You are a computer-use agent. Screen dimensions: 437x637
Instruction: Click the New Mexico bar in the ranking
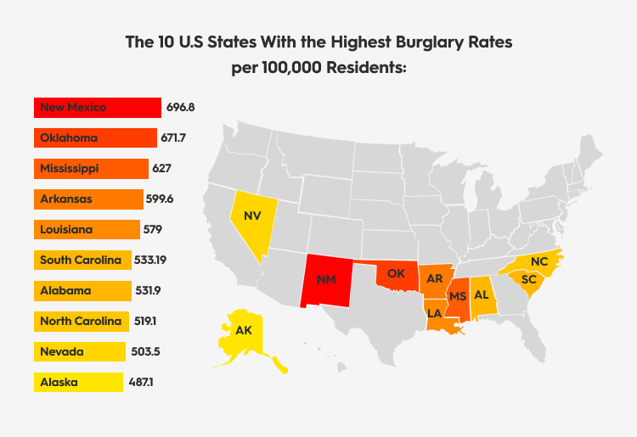click(x=98, y=108)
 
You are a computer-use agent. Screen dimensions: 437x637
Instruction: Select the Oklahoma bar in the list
click(x=95, y=138)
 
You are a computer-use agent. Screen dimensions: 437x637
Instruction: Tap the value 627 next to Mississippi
click(x=162, y=169)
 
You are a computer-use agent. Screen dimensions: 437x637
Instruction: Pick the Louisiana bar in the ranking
click(x=87, y=230)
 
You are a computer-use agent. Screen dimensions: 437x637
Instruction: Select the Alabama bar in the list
click(x=82, y=291)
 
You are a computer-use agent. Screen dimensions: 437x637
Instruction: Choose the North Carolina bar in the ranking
click(x=82, y=322)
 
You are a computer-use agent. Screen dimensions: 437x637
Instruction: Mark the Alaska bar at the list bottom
click(x=77, y=383)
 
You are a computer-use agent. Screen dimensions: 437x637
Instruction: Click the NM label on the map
click(x=326, y=278)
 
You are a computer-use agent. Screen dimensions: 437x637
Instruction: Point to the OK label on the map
click(x=397, y=273)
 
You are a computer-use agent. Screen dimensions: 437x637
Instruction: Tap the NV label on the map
click(x=252, y=216)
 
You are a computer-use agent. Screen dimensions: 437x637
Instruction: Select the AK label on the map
click(x=244, y=330)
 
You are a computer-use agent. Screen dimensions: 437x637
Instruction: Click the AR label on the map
click(x=435, y=278)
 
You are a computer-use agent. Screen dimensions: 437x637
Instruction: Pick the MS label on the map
click(x=458, y=295)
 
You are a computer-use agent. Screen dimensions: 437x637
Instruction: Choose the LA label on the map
click(x=435, y=312)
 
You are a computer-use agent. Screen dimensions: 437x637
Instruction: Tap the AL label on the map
click(x=481, y=294)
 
